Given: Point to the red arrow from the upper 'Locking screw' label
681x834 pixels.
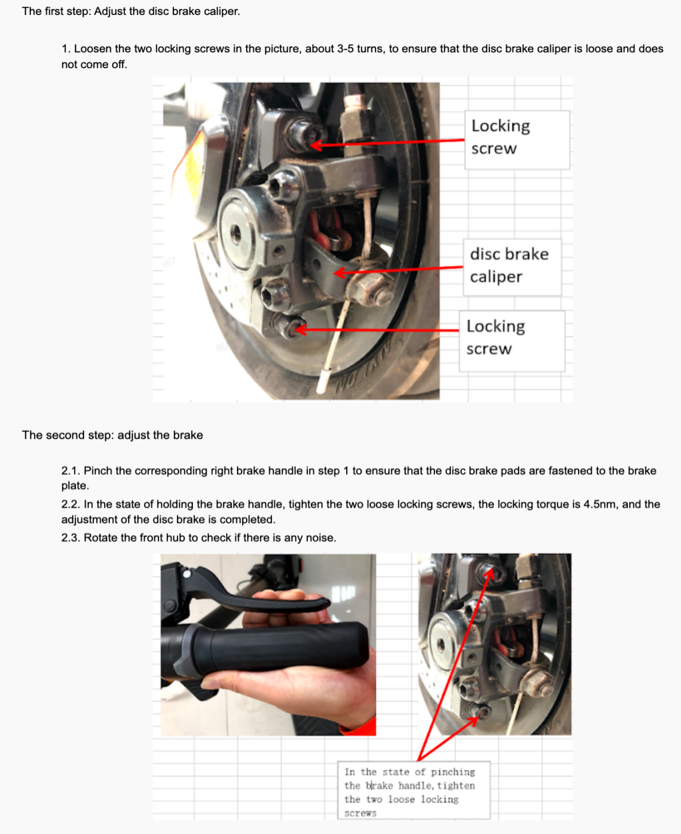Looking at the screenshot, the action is [x=387, y=143].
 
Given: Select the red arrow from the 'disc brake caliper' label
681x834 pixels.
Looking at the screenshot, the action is [x=398, y=270].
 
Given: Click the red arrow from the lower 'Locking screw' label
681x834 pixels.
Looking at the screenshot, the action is [x=377, y=330].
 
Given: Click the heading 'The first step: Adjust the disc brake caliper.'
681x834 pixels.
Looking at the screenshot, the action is [x=130, y=11].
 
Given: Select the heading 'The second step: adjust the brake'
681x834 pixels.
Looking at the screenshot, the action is [x=113, y=435].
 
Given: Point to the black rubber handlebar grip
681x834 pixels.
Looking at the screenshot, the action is [x=276, y=647].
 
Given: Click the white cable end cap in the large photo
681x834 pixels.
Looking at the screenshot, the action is [x=323, y=380].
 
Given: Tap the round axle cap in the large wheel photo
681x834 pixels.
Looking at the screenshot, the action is [x=237, y=233].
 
